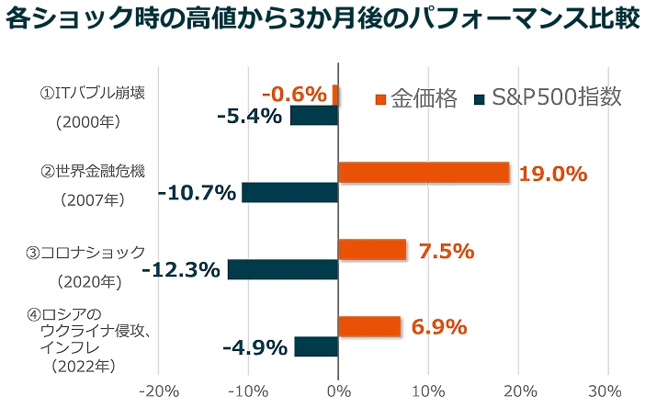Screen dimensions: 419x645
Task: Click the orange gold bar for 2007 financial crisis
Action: pyautogui.click(x=424, y=172)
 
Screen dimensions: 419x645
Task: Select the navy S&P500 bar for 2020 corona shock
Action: pyautogui.click(x=283, y=269)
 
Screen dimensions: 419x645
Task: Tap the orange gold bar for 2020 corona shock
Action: pyautogui.click(x=372, y=249)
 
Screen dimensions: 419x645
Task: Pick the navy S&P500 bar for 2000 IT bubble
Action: pyautogui.click(x=314, y=116)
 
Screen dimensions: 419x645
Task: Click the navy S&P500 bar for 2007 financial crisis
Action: pyautogui.click(x=290, y=193)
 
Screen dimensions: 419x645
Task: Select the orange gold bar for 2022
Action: pyautogui.click(x=369, y=326)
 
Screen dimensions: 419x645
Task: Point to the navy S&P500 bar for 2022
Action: pyautogui.click(x=316, y=346)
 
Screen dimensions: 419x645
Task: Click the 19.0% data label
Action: pyautogui.click(x=552, y=174)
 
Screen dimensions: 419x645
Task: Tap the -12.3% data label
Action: pyautogui.click(x=181, y=270)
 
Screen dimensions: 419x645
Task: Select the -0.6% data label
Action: pyautogui.click(x=294, y=95)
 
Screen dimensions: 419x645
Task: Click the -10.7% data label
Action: pyautogui.click(x=197, y=194)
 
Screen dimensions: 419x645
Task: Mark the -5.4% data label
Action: pyautogui.click(x=249, y=117)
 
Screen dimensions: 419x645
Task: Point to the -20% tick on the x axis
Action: pyautogui.click(x=158, y=391)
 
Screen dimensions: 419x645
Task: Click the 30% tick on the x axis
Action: pyautogui.click(x=605, y=391)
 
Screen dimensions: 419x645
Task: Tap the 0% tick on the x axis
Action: pyautogui.click(x=339, y=391)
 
